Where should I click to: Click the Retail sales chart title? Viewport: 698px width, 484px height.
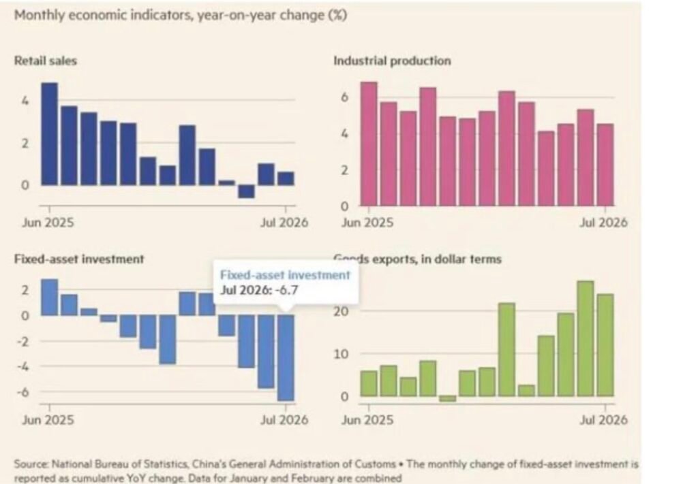pos(46,61)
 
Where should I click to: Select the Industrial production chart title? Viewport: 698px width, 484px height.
pos(392,61)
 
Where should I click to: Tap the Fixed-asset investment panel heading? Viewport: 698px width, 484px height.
pos(79,259)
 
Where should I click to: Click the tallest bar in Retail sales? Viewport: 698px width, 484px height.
pos(49,134)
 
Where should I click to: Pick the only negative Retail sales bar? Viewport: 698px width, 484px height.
pos(246,191)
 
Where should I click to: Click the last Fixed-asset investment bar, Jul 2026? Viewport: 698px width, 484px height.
pos(286,358)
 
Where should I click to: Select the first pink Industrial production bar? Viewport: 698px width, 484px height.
pos(369,144)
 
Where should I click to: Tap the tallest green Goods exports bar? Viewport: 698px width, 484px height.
pos(586,339)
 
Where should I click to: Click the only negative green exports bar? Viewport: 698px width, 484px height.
pos(447,399)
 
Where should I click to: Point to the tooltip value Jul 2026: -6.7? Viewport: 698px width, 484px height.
pos(259,290)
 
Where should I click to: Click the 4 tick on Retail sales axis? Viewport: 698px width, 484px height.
pos(25,101)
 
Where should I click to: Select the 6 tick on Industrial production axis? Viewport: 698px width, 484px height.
pos(344,97)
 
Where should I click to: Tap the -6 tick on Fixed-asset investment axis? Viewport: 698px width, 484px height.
pos(22,392)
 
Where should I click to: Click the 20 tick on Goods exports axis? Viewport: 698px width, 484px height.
pos(342,311)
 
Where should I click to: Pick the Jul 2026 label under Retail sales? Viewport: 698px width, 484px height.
pos(284,222)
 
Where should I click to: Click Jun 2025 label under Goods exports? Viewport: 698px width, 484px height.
pos(367,420)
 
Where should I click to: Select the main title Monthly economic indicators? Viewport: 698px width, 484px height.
pos(180,15)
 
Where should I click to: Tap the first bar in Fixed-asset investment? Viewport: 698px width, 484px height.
pos(49,297)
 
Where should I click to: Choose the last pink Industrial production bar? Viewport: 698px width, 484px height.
pos(605,165)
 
